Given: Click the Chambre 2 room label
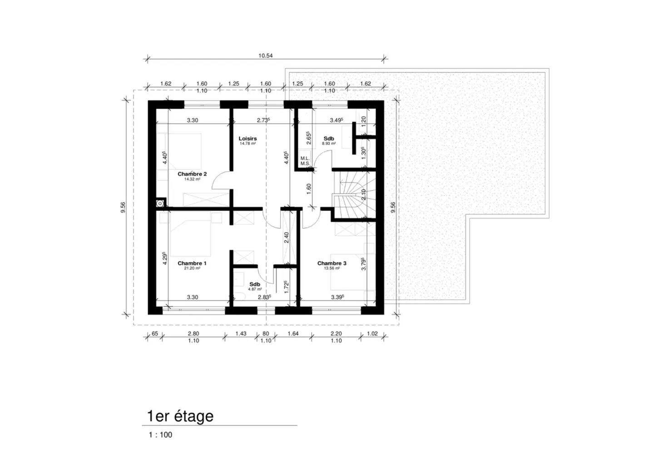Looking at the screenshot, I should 192,174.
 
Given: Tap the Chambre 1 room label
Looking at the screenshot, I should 192,263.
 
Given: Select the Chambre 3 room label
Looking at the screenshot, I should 332,263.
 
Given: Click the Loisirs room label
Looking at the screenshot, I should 248,138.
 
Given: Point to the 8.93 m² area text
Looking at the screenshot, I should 328,143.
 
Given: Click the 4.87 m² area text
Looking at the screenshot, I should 254,289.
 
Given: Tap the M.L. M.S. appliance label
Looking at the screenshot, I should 305,161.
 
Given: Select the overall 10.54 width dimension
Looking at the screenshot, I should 266,56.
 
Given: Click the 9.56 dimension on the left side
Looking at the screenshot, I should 123,207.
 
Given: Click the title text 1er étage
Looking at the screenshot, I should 180,416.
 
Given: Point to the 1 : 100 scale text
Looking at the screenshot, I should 160,435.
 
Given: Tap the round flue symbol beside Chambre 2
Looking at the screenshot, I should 160,203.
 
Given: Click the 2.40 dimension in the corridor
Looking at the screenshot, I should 286,237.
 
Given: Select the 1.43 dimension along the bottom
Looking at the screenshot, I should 241,334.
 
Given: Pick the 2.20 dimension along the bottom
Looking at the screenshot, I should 336,334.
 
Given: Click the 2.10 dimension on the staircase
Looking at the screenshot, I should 363,195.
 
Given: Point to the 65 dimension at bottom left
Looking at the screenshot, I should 154,334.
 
